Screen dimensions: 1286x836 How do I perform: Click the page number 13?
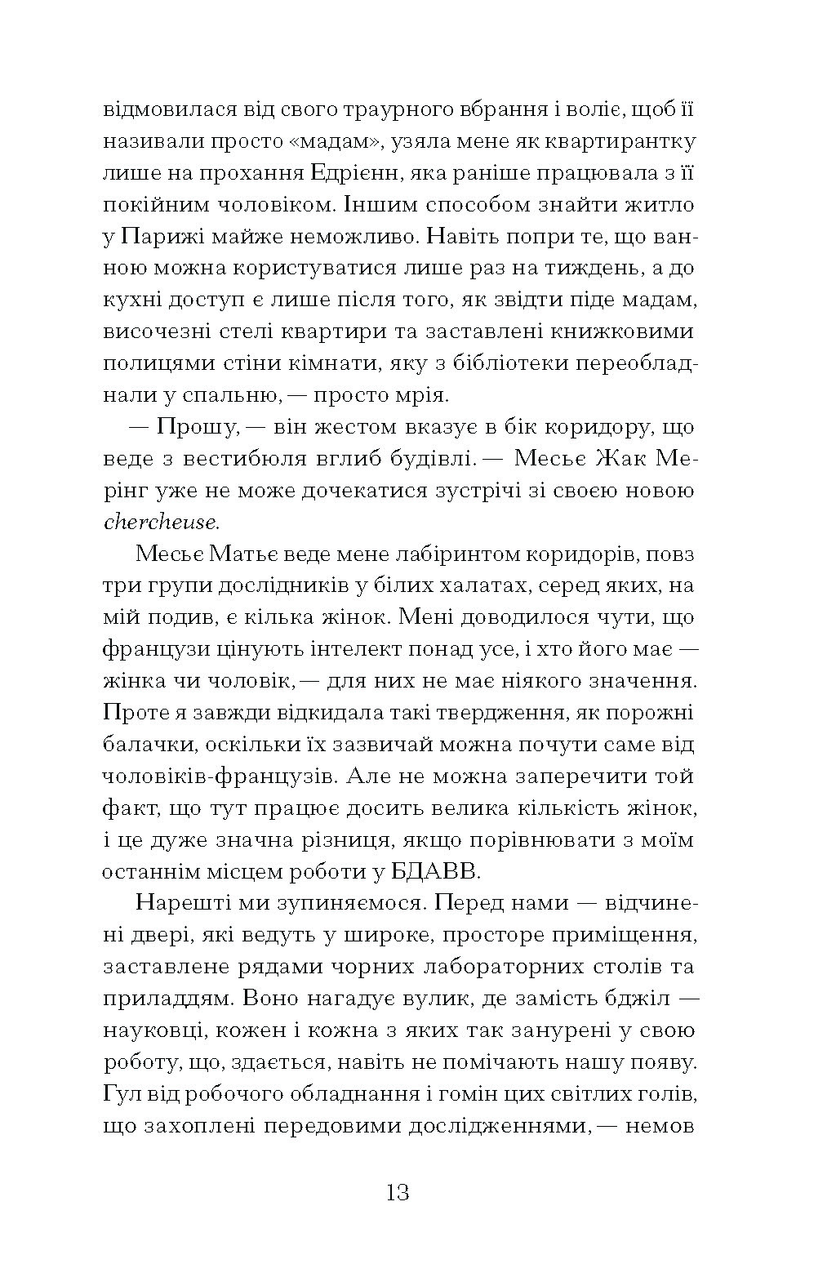pos(398,1194)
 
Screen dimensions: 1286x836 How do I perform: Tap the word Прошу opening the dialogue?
pos(187,427)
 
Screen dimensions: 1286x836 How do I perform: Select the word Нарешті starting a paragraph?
pos(183,903)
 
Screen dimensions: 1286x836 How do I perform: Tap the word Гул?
pos(120,1094)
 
